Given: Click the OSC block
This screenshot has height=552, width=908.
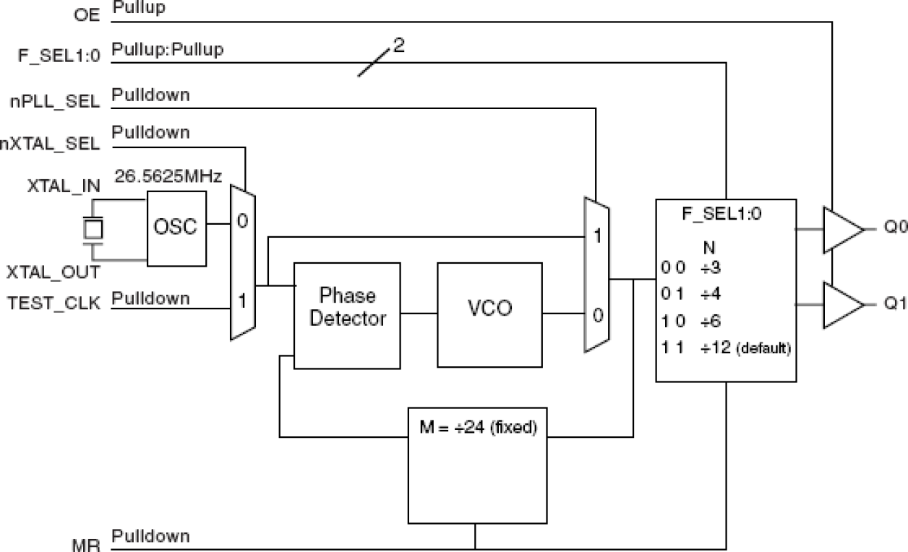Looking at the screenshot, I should tap(176, 227).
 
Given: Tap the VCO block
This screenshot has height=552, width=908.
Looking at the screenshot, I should tap(489, 308).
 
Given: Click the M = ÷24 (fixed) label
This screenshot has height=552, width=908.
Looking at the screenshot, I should tap(478, 427).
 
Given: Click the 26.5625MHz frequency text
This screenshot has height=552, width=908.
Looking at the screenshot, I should tap(168, 177).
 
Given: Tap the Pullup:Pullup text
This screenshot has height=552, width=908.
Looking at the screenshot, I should tap(168, 50).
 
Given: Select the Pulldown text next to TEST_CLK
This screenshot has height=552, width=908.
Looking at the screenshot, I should tap(151, 298).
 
